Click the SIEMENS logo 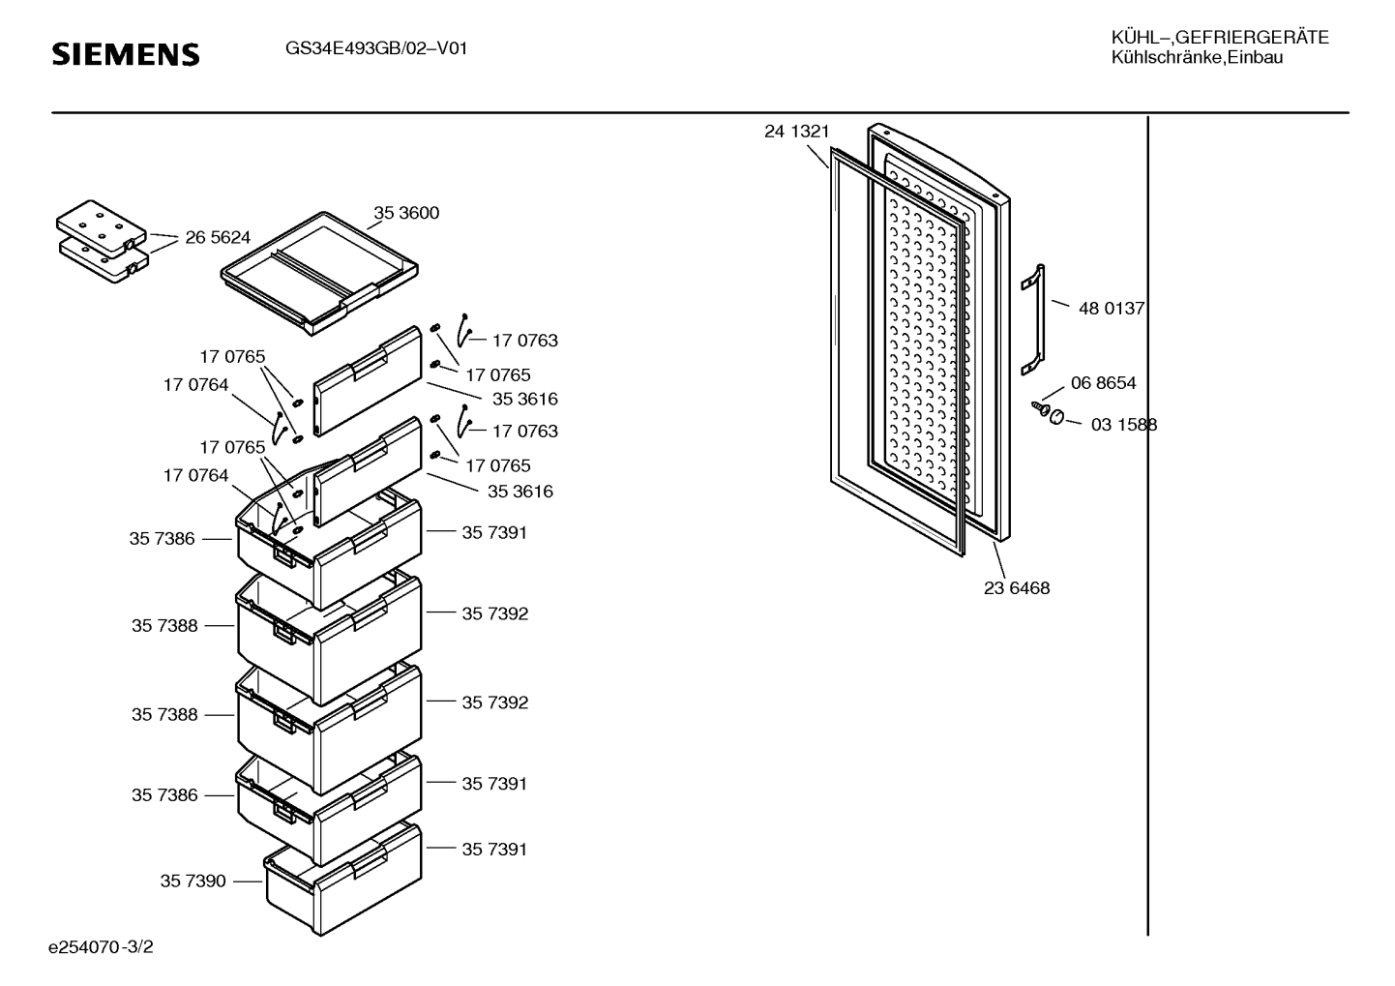pyautogui.click(x=125, y=54)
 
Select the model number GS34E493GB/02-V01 pyautogui.click(x=376, y=48)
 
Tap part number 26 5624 pyautogui.click(x=218, y=237)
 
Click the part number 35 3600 pyautogui.click(x=406, y=213)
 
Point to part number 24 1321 pyautogui.click(x=796, y=132)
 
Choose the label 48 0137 pyautogui.click(x=1112, y=309)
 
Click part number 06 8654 pyautogui.click(x=1103, y=383)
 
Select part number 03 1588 pyautogui.click(x=1123, y=425)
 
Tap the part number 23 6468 pyautogui.click(x=1017, y=588)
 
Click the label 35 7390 pyautogui.click(x=193, y=881)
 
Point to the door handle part pyautogui.click(x=1032, y=318)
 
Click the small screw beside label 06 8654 pyautogui.click(x=1041, y=408)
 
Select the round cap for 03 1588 pyautogui.click(x=1056, y=416)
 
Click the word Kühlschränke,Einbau pyautogui.click(x=1197, y=58)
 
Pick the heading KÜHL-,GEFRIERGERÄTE pyautogui.click(x=1219, y=38)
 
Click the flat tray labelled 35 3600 pyautogui.click(x=320, y=276)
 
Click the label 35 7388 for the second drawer pyautogui.click(x=164, y=626)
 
